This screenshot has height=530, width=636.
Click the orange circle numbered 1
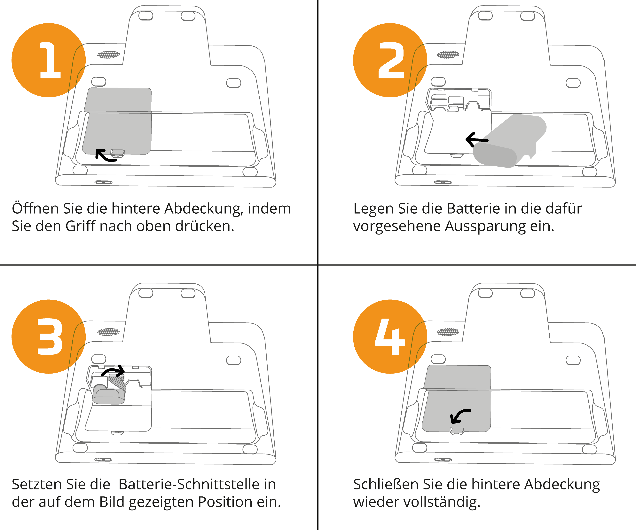point(48,60)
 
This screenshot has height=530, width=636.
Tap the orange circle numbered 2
point(390,60)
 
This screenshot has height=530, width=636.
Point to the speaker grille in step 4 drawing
point(448,332)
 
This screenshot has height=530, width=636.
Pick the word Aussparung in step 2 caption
point(485,226)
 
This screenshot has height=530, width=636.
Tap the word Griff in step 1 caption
point(80,226)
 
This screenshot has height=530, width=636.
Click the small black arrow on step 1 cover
point(100,151)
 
